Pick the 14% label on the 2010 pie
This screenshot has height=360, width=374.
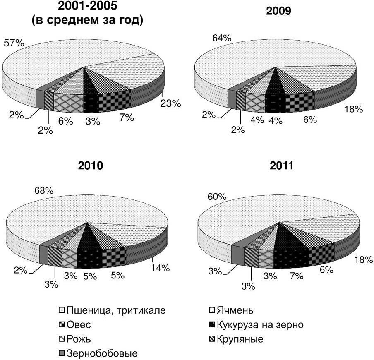pos(160,268)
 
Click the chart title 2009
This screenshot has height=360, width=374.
pos(278,11)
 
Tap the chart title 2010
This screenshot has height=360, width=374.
pos(90,166)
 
